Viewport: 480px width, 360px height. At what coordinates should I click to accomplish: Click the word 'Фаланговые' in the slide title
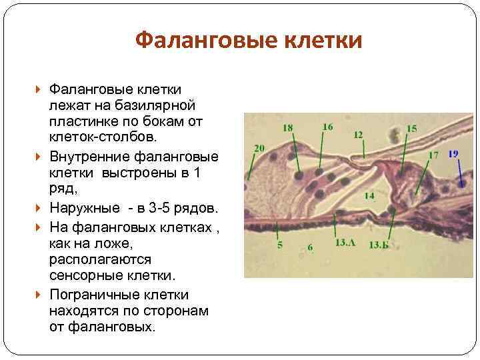(197, 41)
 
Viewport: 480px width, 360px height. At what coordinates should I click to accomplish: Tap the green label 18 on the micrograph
(287, 127)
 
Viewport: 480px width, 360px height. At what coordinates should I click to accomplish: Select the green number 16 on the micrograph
(327, 126)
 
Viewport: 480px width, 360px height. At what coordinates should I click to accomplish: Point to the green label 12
(358, 135)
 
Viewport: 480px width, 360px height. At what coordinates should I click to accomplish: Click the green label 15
(412, 128)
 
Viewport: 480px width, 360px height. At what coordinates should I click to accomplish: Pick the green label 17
(433, 155)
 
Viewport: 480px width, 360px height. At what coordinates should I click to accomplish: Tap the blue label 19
(453, 154)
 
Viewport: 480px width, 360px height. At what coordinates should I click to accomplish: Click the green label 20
(259, 148)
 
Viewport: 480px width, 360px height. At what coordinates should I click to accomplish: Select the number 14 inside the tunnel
(369, 195)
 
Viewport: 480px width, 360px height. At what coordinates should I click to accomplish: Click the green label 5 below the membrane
(279, 245)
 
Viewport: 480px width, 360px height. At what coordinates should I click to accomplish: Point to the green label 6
(311, 247)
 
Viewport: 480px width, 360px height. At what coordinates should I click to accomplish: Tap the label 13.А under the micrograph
(345, 243)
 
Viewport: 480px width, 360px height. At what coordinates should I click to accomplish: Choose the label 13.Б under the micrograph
(378, 243)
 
